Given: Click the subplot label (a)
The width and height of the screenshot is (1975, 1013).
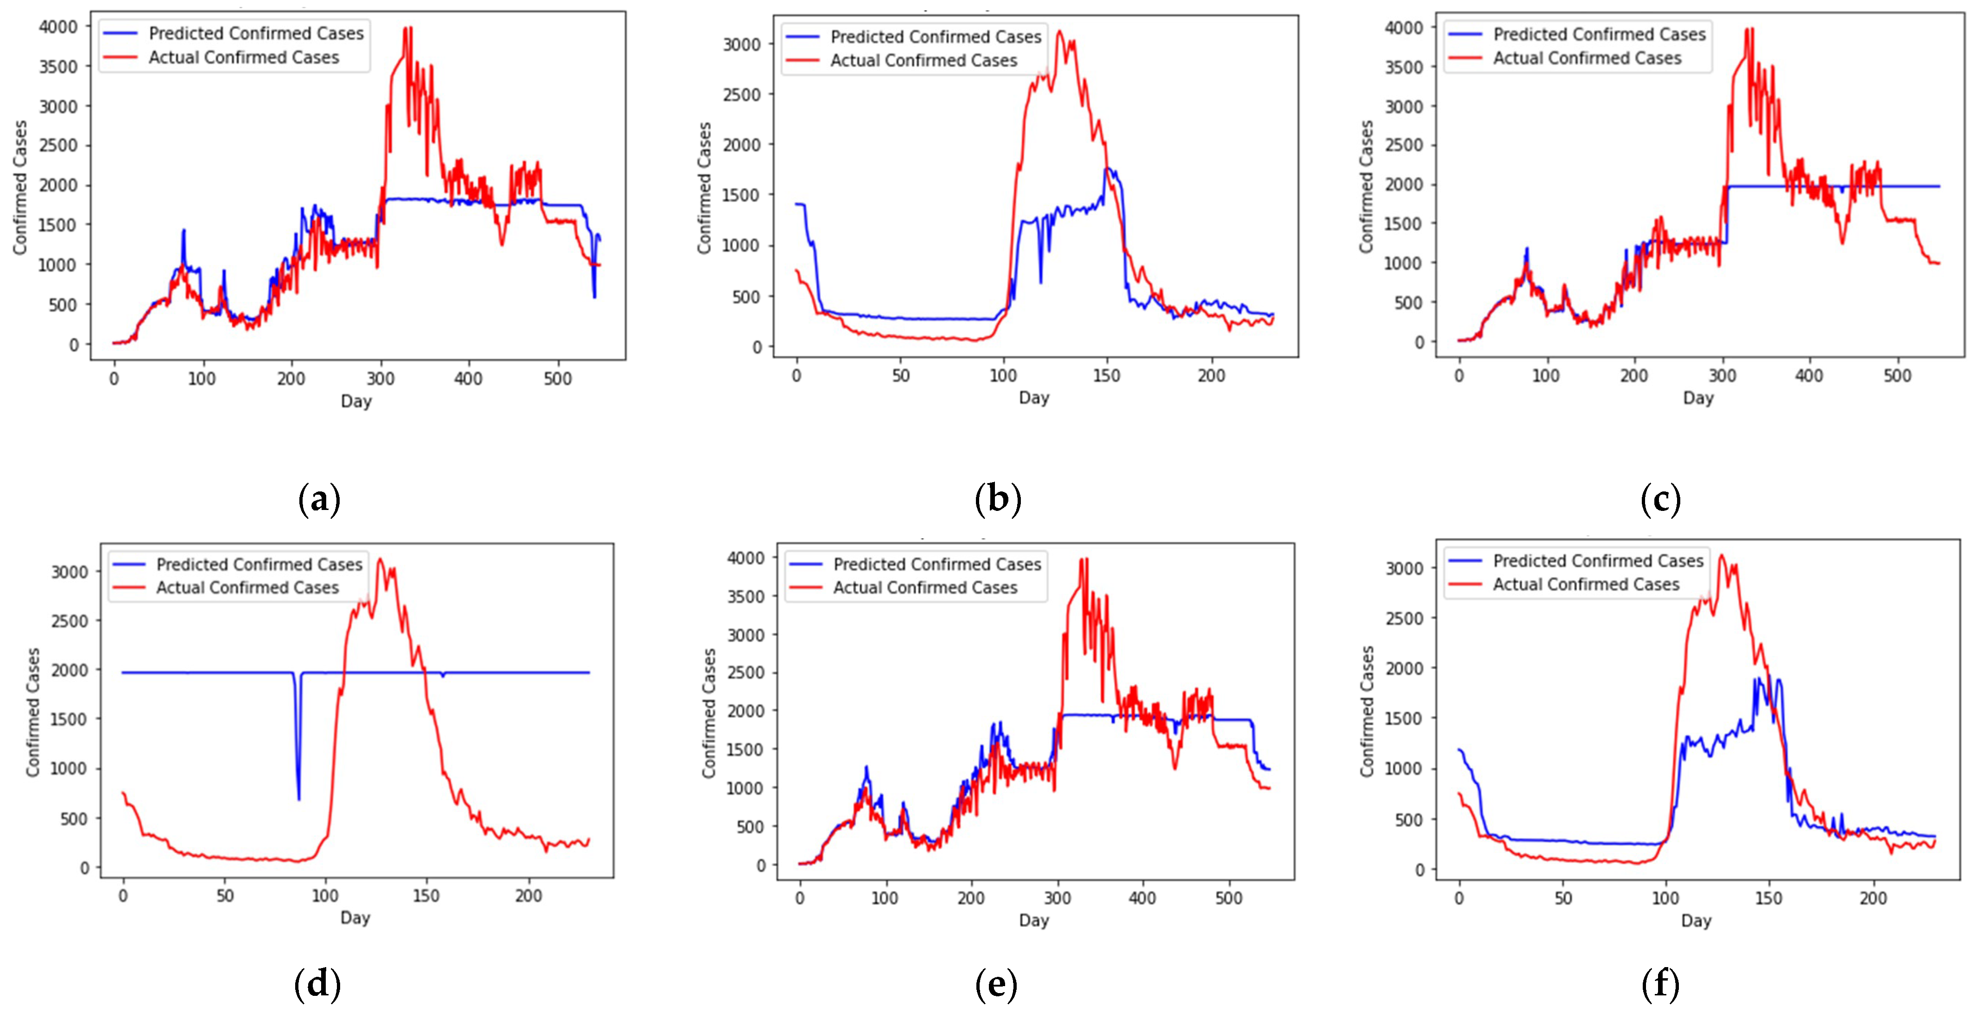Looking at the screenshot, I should pos(318,499).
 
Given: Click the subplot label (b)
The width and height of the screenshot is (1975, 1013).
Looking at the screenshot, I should pos(998,499).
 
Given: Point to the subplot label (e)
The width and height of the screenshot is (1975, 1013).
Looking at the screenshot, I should pos(996,984).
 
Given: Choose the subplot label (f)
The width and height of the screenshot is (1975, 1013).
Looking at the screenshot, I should pos(1660,984).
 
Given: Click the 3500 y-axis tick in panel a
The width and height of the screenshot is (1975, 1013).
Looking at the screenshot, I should pos(58,67).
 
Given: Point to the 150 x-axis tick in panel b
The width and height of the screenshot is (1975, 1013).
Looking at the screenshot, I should pos(1106,376).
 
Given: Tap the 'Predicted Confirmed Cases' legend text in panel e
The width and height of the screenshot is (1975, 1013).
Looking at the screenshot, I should pos(937,564).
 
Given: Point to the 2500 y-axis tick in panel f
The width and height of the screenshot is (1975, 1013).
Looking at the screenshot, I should pos(1404,618).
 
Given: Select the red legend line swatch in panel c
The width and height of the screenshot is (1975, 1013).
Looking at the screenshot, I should pos(1465,58).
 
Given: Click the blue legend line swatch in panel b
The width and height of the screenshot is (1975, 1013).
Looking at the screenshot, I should pos(803,37).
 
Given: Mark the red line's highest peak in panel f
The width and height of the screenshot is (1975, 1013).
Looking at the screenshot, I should pos(1721,556).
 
